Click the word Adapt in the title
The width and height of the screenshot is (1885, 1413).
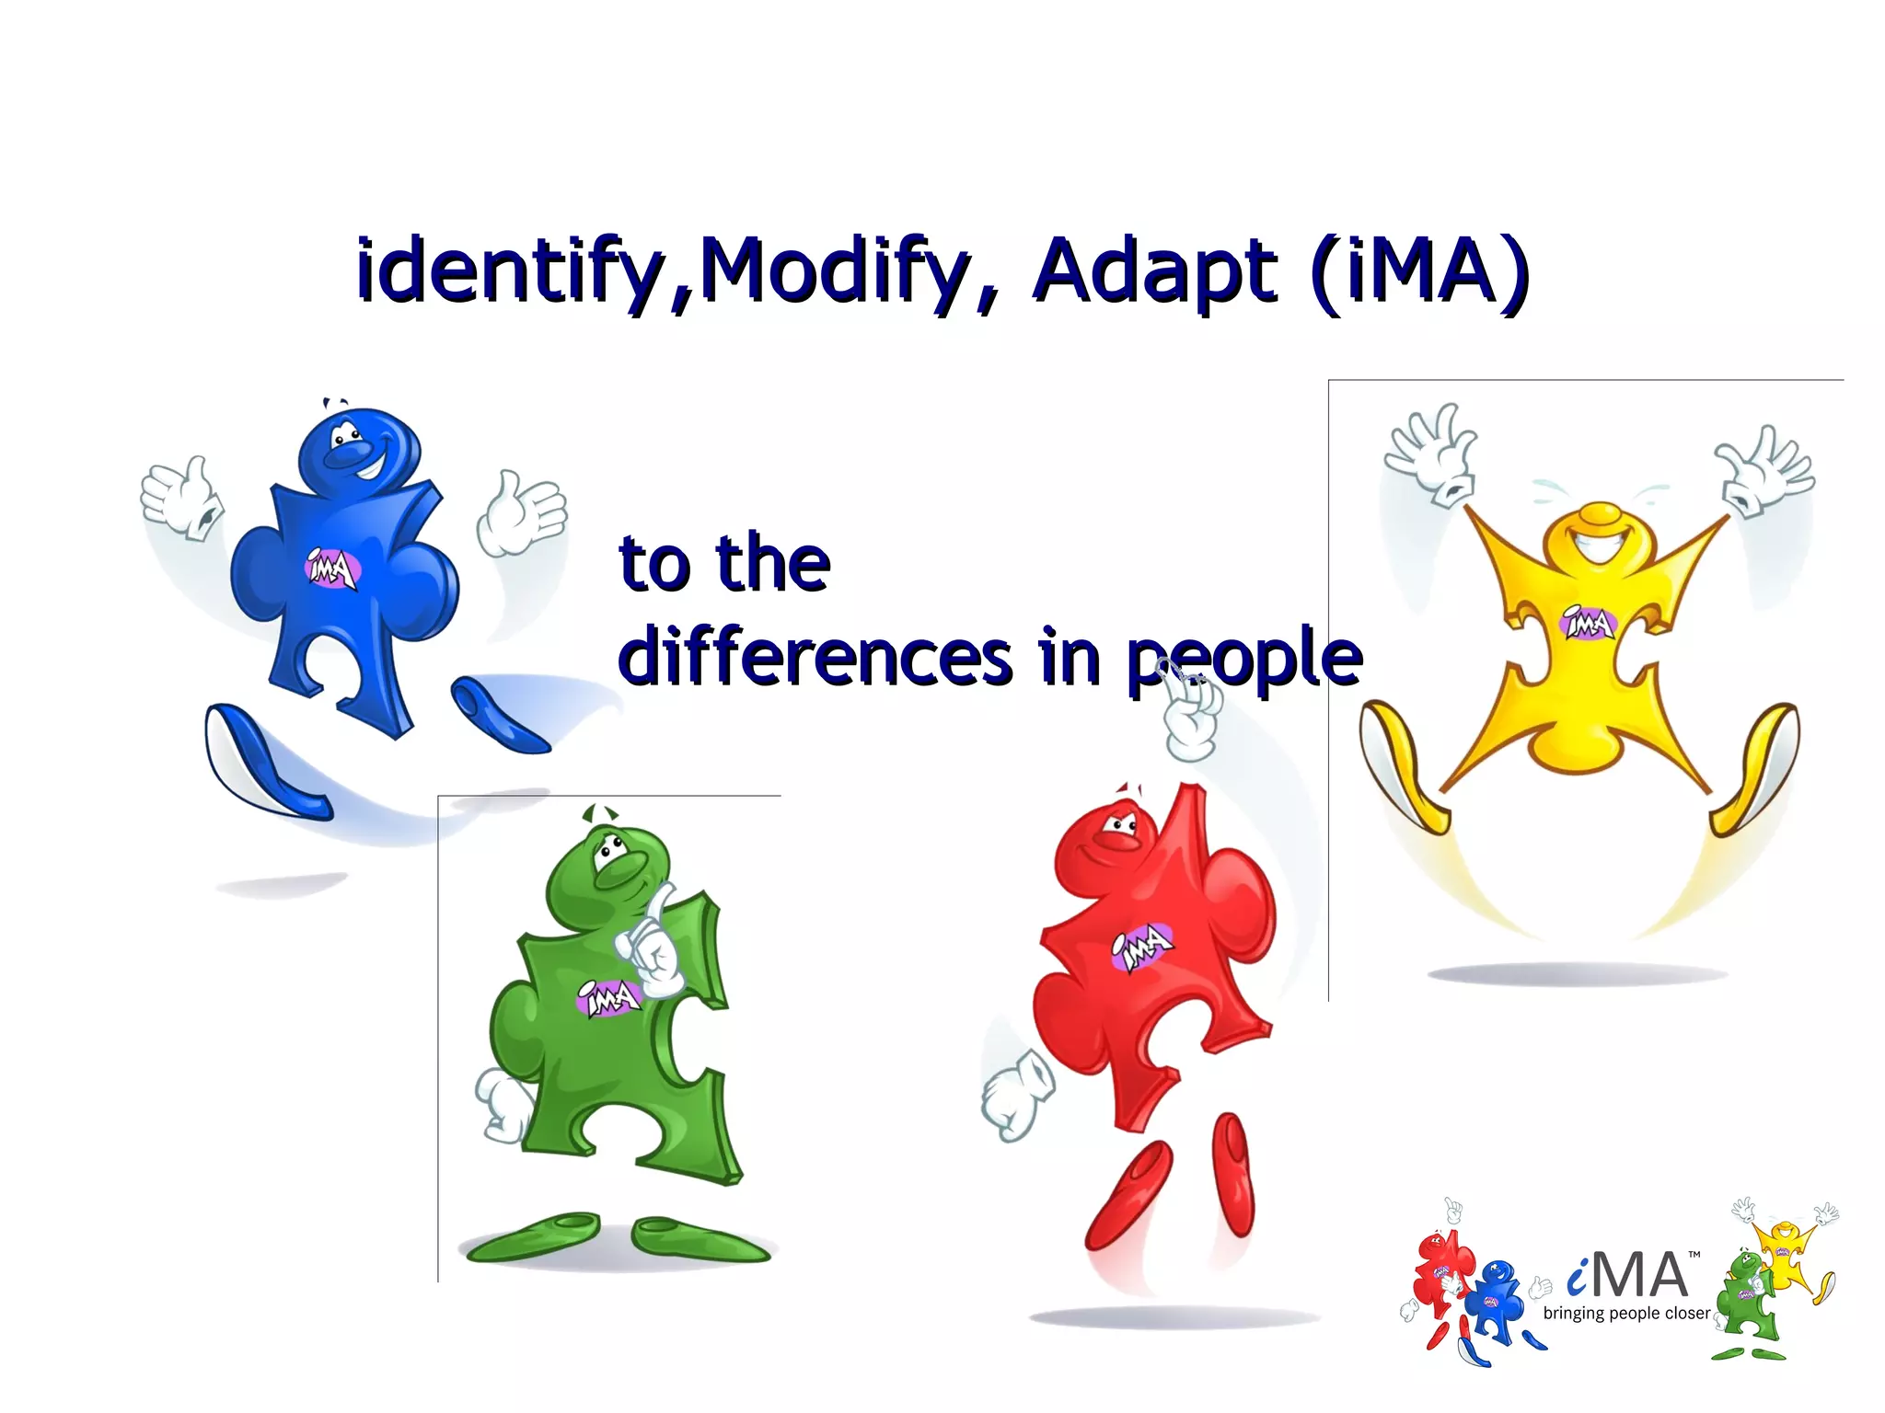pos(1155,271)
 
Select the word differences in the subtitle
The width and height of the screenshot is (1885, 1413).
pos(815,657)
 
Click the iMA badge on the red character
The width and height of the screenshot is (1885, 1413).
pos(1142,946)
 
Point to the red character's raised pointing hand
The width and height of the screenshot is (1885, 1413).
pos(1193,713)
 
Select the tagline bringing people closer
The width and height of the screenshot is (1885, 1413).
pos(1626,1314)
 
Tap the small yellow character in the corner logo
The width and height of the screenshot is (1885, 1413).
pos(1786,1250)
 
